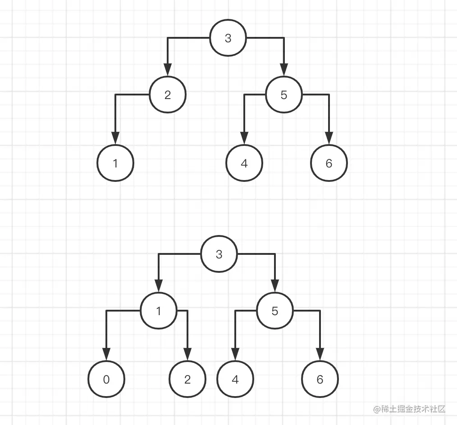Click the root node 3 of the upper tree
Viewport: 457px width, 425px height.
(x=228, y=38)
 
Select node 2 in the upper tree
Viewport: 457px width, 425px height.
(x=168, y=95)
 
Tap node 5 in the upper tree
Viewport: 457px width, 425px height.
(x=284, y=95)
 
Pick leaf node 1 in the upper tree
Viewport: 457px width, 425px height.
(x=115, y=163)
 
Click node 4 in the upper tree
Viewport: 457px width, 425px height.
(x=244, y=163)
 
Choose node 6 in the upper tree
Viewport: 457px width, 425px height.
(x=329, y=163)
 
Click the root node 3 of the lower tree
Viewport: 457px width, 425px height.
(x=219, y=254)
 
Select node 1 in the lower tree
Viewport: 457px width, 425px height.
(x=159, y=311)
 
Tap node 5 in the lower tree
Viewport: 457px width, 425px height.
(x=275, y=311)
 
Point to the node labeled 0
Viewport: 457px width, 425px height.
(x=106, y=379)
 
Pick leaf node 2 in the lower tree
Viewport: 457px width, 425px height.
(x=187, y=379)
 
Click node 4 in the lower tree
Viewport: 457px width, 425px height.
(x=235, y=379)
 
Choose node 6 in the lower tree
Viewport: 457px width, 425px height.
(x=320, y=379)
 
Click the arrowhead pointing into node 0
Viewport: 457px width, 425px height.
(x=106, y=354)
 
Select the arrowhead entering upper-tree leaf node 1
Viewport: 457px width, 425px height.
(x=115, y=138)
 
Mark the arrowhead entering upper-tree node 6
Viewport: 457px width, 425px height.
(x=329, y=138)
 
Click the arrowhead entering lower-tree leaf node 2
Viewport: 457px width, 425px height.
(x=187, y=354)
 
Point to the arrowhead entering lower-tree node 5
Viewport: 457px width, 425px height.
(x=275, y=287)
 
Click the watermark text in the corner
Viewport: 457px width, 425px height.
(x=409, y=409)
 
